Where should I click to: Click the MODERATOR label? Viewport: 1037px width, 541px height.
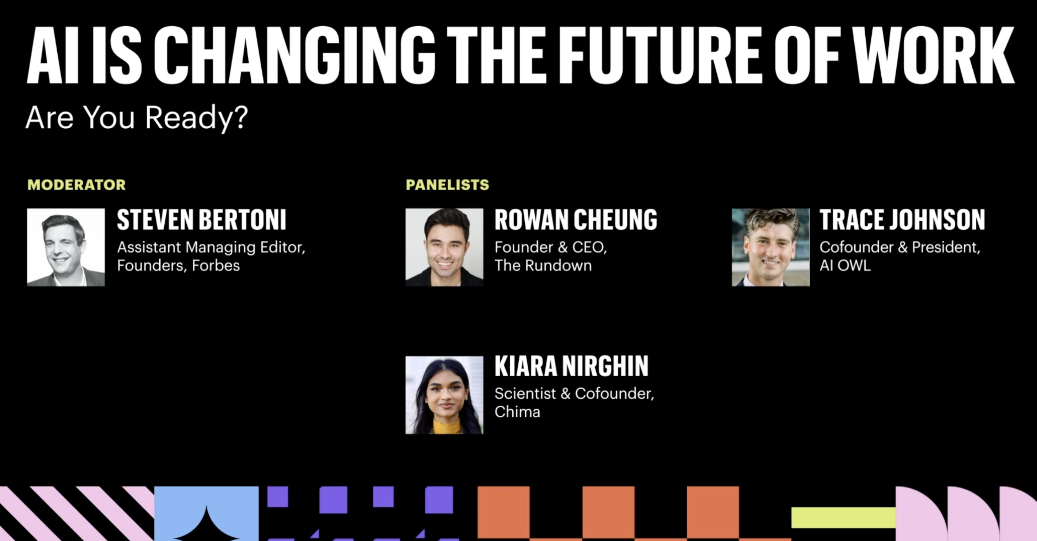click(77, 185)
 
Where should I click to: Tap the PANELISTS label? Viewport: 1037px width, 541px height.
click(447, 185)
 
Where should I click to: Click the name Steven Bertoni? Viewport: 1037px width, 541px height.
click(201, 220)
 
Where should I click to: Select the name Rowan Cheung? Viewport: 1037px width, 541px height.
click(576, 220)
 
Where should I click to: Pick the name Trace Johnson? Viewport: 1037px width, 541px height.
click(902, 220)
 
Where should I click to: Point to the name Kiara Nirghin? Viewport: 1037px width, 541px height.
click(571, 366)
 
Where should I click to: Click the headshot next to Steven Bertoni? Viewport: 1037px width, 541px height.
click(66, 247)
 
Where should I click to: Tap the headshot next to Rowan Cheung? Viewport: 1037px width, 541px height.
click(444, 247)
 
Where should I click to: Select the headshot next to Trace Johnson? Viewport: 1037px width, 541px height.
click(770, 247)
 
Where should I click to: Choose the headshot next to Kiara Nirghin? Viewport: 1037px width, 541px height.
click(444, 395)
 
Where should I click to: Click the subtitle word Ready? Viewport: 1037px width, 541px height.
click(196, 118)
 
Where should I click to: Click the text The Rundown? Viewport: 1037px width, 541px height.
click(543, 266)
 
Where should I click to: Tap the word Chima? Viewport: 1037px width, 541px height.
click(517, 412)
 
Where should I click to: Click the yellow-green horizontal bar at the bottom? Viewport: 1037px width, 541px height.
click(843, 518)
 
